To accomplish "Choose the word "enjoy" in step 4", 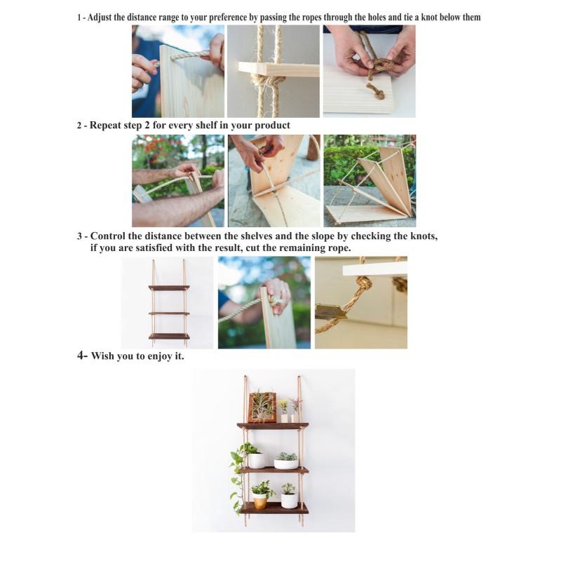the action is (x=160, y=356).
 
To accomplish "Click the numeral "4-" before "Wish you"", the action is (x=82, y=356).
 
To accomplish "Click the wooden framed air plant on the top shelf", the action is (x=262, y=407).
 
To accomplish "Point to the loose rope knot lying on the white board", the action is (x=376, y=91).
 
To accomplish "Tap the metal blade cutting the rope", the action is (x=331, y=311).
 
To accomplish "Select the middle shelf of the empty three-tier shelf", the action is (x=169, y=313).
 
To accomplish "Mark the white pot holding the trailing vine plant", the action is (x=256, y=461).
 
